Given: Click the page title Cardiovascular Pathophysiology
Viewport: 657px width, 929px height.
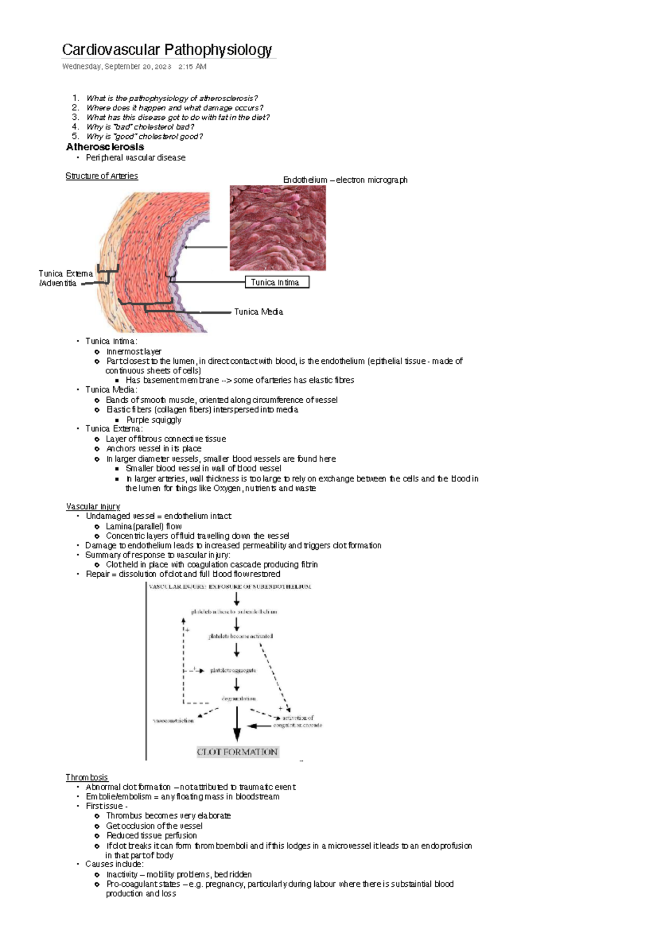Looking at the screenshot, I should [166, 50].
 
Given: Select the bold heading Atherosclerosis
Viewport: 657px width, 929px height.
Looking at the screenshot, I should [105, 147].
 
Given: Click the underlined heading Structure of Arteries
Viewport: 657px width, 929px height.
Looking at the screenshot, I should [101, 176].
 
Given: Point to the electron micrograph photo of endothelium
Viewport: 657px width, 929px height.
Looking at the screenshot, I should [278, 228].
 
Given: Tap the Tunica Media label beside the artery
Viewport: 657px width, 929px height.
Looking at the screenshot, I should [258, 312].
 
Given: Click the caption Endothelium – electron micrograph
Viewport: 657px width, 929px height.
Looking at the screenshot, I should [345, 180].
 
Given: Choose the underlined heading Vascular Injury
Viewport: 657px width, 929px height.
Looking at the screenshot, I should [93, 507].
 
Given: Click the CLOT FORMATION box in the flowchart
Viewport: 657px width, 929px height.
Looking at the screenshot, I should [237, 752].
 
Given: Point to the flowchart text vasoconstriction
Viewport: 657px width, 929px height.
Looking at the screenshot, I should [173, 721].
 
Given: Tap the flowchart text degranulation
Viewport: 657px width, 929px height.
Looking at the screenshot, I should [238, 699].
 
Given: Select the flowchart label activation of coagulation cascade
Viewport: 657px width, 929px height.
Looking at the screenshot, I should [298, 721].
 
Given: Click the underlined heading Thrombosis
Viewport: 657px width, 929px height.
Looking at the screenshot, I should [87, 777].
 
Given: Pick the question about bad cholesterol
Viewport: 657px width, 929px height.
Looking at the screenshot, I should [140, 127].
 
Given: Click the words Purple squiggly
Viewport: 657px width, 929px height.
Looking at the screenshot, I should [154, 420].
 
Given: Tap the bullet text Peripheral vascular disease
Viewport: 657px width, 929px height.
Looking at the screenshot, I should [135, 158].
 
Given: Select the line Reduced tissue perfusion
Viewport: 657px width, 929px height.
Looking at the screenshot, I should [151, 835].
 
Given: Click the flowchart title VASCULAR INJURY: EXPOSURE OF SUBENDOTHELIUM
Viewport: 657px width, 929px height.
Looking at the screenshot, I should [230, 587].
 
